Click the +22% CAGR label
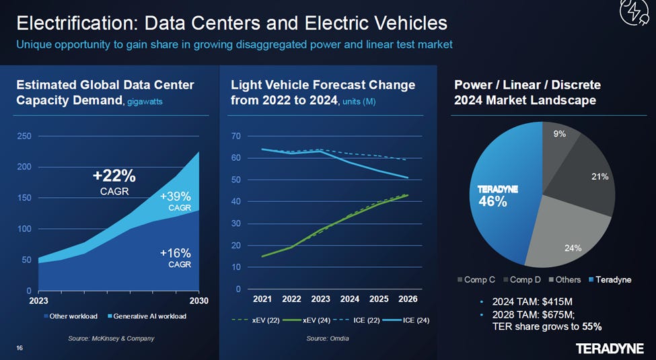click(114, 177)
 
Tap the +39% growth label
click(176, 197)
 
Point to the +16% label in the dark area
click(176, 253)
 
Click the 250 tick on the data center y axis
click(24, 137)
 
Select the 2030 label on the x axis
click(198, 301)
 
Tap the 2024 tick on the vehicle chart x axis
click(349, 299)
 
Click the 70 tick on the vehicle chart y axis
click(235, 137)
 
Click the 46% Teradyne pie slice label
click(493, 201)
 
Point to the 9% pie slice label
click(559, 134)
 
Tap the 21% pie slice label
click(599, 176)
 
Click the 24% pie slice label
click(573, 248)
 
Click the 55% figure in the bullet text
click(592, 327)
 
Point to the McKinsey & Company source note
click(111, 338)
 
